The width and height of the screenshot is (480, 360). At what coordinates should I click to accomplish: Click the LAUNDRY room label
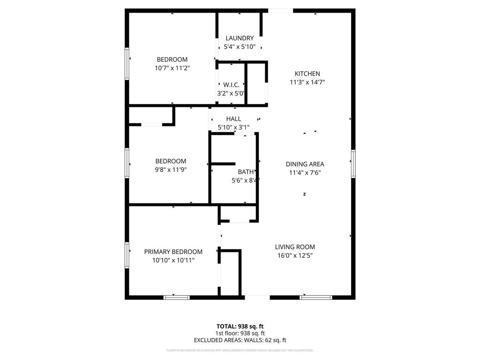click(240, 38)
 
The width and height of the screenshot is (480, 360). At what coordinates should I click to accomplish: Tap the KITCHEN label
click(307, 74)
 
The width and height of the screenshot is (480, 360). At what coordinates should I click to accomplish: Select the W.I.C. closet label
click(231, 85)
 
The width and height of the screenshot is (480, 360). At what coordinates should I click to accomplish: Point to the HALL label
click(233, 119)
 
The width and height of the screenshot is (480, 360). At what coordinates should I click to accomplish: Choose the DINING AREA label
click(305, 164)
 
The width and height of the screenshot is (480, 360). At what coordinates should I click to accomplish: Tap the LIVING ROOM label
click(295, 247)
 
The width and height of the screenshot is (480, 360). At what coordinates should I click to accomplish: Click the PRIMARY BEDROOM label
click(173, 252)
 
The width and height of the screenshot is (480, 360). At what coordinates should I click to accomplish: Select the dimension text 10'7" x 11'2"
click(172, 68)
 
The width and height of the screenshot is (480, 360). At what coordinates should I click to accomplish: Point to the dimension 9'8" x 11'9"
click(171, 170)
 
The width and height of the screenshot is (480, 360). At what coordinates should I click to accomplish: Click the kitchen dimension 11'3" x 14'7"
click(307, 82)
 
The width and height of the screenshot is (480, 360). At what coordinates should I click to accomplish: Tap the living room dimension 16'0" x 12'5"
click(295, 255)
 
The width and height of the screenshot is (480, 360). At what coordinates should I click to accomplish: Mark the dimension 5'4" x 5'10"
click(240, 46)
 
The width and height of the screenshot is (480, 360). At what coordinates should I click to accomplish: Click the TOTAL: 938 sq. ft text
click(240, 326)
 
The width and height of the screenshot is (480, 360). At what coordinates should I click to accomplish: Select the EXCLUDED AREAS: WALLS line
click(240, 340)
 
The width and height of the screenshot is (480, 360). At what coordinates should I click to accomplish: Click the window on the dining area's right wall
click(353, 164)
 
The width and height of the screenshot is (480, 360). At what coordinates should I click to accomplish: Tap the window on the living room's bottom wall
click(315, 297)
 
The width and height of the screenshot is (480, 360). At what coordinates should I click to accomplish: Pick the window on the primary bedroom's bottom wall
click(177, 297)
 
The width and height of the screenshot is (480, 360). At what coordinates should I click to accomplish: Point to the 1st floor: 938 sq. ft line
click(240, 333)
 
